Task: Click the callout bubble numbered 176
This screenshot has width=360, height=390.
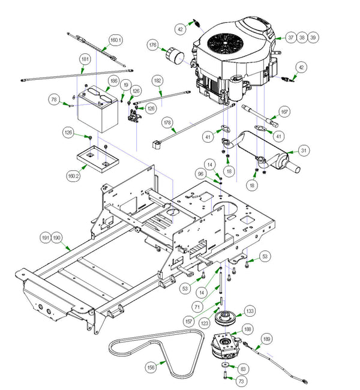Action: point(153,45)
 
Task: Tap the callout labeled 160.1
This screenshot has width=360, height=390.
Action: point(115,41)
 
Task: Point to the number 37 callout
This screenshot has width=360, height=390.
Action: point(290,37)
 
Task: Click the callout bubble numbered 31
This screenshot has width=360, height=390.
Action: point(304,151)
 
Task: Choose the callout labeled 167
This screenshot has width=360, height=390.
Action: point(284,112)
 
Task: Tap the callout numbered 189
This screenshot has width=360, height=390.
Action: point(266,340)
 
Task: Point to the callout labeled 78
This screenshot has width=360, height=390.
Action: point(55,99)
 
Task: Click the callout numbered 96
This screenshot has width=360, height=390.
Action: point(200,174)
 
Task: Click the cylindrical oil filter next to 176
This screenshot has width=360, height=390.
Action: point(175,57)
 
